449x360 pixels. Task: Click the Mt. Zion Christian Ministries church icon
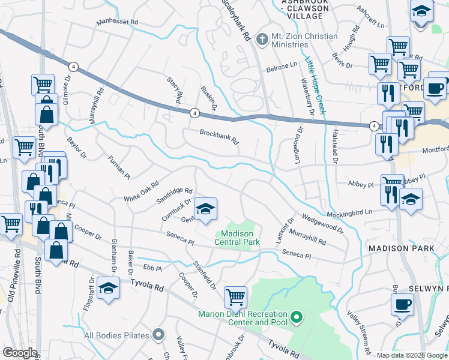261,40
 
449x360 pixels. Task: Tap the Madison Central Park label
240,238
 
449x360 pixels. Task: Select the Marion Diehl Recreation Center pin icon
296,316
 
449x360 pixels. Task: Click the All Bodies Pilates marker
158,334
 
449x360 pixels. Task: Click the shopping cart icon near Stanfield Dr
235,296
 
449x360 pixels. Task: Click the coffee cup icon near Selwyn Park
402,304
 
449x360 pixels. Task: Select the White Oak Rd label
141,191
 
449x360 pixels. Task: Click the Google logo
20,353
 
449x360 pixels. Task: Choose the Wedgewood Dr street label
323,221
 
